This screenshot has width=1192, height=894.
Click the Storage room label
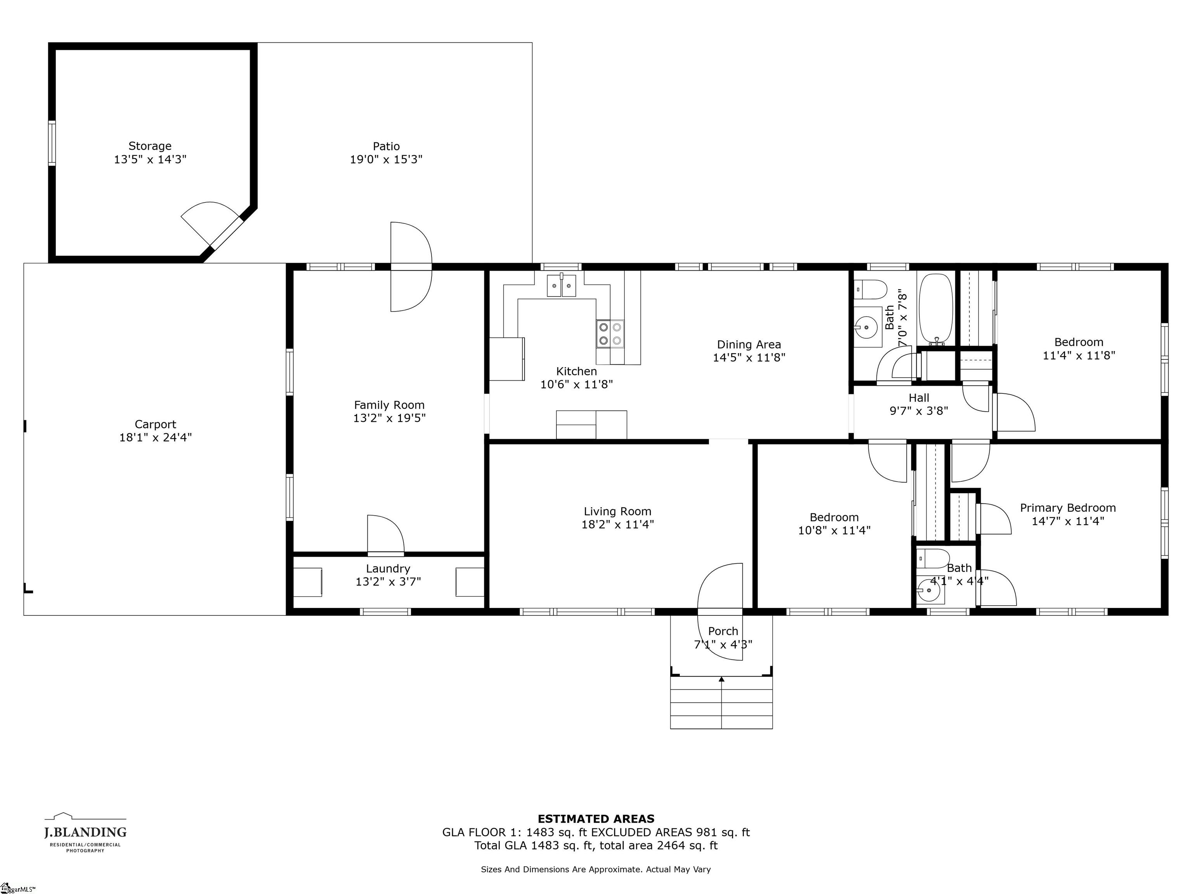point(150,146)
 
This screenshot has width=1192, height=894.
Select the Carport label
point(155,424)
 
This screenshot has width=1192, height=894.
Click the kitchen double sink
point(561,286)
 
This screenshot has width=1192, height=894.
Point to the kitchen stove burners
point(610,334)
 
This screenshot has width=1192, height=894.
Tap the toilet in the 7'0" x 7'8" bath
point(870,290)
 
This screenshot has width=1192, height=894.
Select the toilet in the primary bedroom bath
point(933,558)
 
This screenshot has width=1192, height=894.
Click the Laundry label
point(388,568)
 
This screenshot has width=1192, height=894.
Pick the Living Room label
point(618,511)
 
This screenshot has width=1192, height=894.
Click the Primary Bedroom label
point(1067,508)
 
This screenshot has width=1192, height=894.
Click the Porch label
point(723,631)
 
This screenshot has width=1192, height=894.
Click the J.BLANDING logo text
point(85,833)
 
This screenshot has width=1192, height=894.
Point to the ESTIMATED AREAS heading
point(596,819)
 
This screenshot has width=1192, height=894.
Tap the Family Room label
point(389,405)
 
